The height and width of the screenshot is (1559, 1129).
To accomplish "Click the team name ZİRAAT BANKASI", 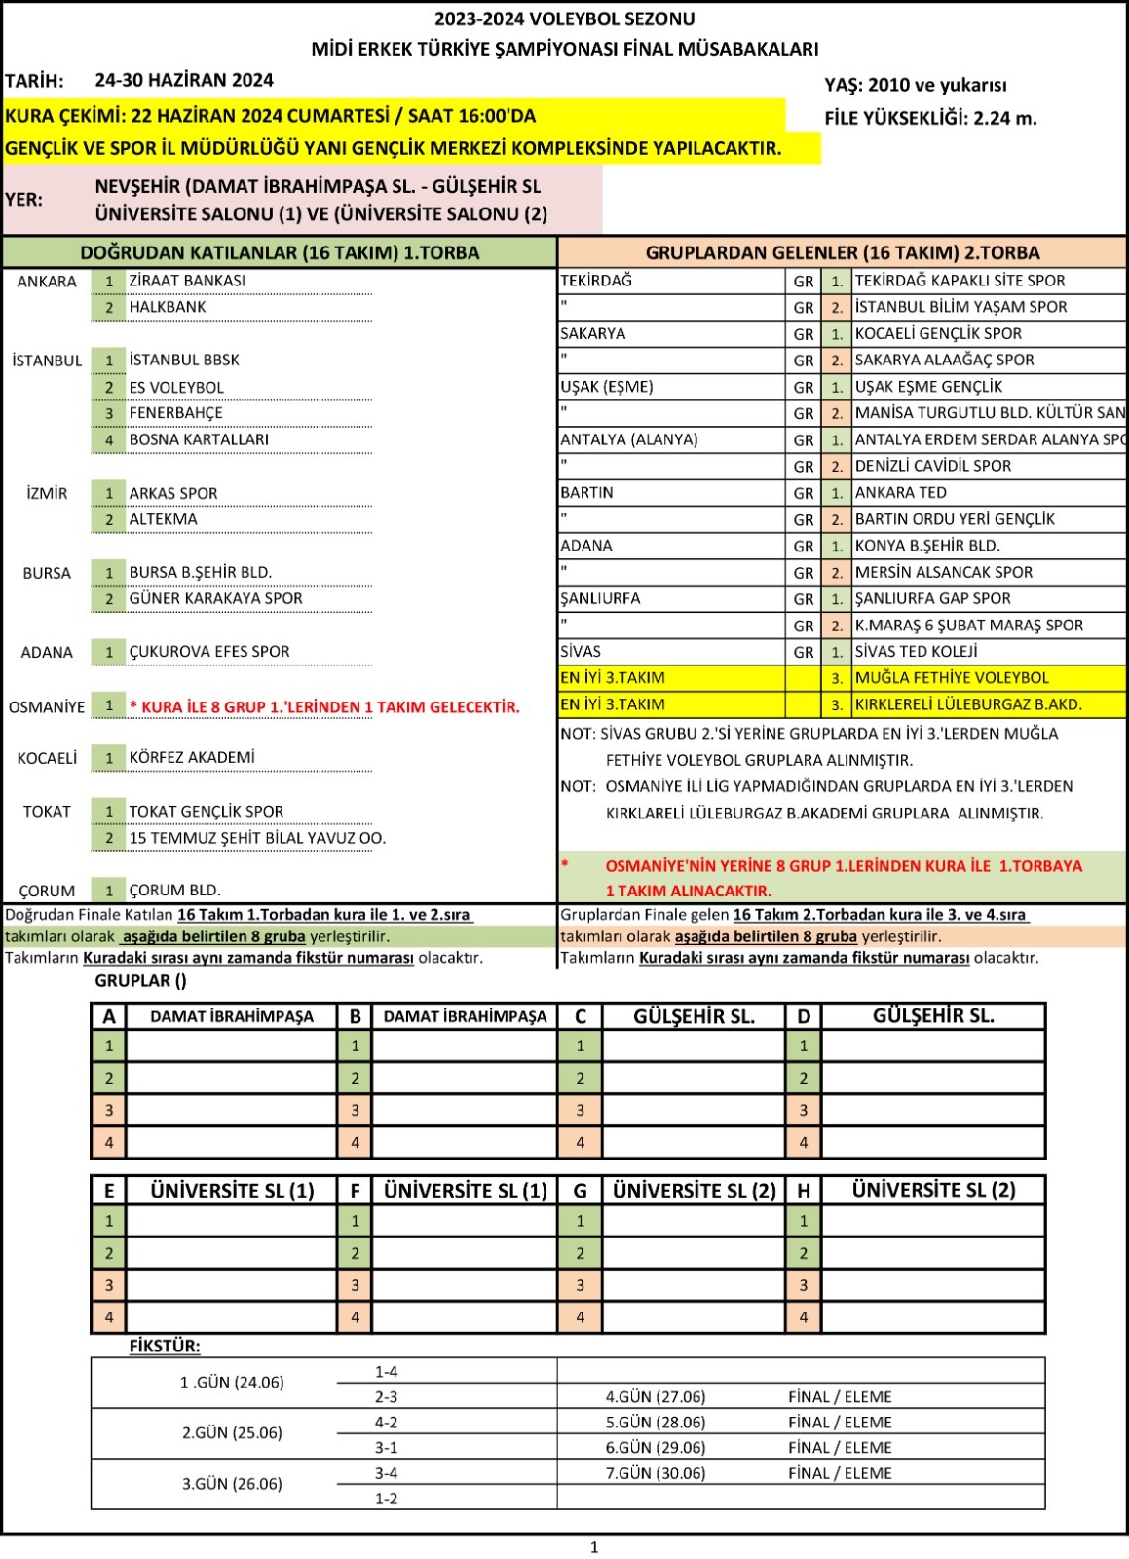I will (x=187, y=281).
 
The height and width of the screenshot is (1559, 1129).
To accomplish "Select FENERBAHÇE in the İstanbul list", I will (x=175, y=413).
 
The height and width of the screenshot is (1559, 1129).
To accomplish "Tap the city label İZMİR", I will (x=47, y=493).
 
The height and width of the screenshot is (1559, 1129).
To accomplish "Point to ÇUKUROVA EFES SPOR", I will (x=208, y=652).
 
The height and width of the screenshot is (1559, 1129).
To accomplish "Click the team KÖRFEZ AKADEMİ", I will (x=192, y=758).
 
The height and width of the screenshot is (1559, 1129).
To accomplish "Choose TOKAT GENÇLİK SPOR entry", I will (x=207, y=812).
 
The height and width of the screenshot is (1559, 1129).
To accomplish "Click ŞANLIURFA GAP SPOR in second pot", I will (x=932, y=599).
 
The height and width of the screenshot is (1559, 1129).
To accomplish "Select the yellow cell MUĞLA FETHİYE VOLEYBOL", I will (x=952, y=678).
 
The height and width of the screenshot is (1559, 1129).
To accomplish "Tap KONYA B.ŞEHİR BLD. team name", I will (x=927, y=546).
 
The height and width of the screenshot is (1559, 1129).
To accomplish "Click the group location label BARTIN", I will (x=586, y=493).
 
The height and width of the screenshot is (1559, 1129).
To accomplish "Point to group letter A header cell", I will (x=109, y=1017).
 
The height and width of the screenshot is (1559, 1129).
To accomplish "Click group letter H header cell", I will (x=803, y=1191).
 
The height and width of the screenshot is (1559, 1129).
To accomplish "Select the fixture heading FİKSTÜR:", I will (x=165, y=1347).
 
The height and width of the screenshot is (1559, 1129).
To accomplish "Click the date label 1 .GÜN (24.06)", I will (x=232, y=1383).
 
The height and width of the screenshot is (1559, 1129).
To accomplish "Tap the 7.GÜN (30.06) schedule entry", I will (x=656, y=1473).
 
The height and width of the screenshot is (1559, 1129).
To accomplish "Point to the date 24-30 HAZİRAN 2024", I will (x=184, y=81).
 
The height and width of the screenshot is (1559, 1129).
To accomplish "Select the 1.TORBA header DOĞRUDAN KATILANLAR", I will (x=280, y=253).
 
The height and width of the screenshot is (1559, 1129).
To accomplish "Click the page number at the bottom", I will (x=594, y=1547).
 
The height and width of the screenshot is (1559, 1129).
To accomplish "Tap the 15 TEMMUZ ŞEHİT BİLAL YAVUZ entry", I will (x=257, y=838).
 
